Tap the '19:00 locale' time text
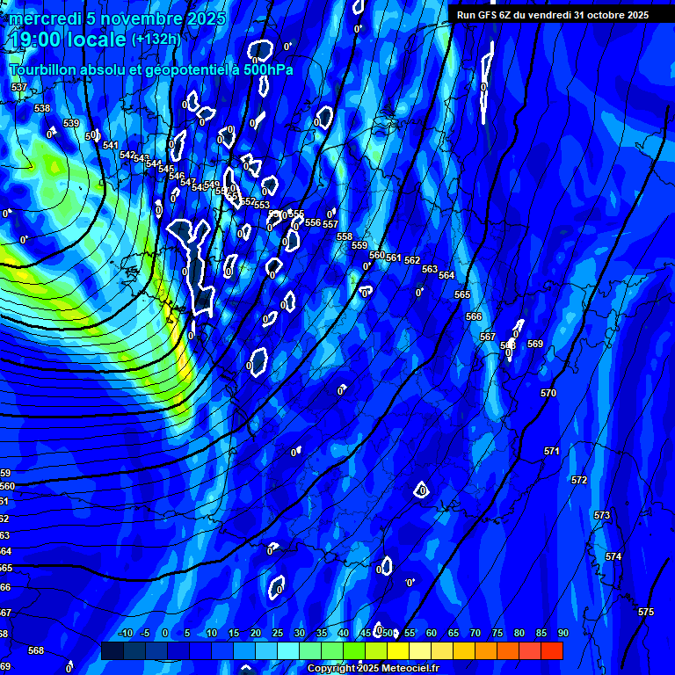pyautogui.click(x=68, y=40)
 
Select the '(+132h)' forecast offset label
pyautogui.click(x=156, y=40)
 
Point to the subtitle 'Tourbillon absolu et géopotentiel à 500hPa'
pyautogui.click(x=151, y=69)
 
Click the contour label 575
pyautogui.click(x=646, y=612)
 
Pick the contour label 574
pyautogui.click(x=613, y=557)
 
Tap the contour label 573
pyautogui.click(x=602, y=516)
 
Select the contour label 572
pyautogui.click(x=579, y=481)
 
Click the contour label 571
pyautogui.click(x=552, y=451)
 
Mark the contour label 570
pyautogui.click(x=548, y=393)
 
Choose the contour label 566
pyautogui.click(x=474, y=316)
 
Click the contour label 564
pyautogui.click(x=446, y=275)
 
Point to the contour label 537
pyautogui.click(x=19, y=88)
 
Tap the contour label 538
pyautogui.click(x=42, y=108)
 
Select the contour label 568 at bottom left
pyautogui.click(x=36, y=650)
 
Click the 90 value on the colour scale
pyautogui.click(x=562, y=634)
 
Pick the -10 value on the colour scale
pyautogui.click(x=125, y=634)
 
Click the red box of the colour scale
pyautogui.click(x=552, y=650)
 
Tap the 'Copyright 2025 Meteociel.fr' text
pyautogui.click(x=373, y=669)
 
